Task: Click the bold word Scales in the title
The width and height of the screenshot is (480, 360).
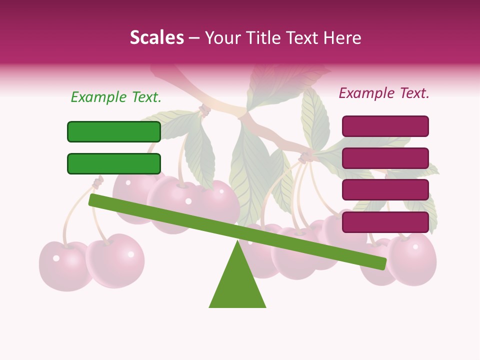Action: [x=156, y=37]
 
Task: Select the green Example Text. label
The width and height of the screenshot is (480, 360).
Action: [x=116, y=97]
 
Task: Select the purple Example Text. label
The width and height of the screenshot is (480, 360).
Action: [x=384, y=93]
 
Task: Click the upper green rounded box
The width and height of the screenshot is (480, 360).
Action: [x=114, y=131]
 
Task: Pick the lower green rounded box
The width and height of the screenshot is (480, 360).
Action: [x=114, y=163]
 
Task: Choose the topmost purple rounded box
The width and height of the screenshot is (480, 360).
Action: [x=385, y=126]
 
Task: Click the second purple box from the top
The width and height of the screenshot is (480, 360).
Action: [x=385, y=158]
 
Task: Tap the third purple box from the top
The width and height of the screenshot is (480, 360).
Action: [x=385, y=190]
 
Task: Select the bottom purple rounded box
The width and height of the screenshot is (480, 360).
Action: [x=385, y=222]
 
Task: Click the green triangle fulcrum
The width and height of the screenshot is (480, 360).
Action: [x=237, y=285]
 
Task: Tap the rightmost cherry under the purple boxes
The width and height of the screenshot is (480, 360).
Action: [x=412, y=260]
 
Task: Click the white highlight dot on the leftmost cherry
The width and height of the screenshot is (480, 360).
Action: [x=56, y=258]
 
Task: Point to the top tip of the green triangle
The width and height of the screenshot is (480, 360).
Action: [x=237, y=242]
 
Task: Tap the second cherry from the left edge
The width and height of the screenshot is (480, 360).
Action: [x=115, y=260]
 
